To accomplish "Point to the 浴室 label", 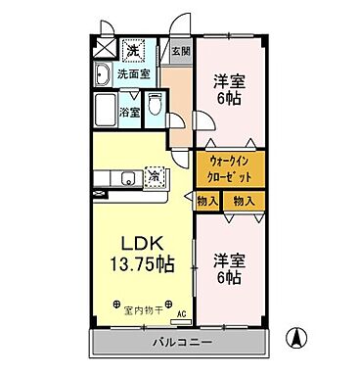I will (x=130, y=114).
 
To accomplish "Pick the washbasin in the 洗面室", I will (x=103, y=75).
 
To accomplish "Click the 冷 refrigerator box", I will (x=154, y=175).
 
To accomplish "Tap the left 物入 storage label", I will (x=206, y=201).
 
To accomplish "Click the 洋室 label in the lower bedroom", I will (x=228, y=260).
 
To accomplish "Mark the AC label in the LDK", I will (x=181, y=315).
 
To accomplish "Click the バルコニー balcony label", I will (x=180, y=344).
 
